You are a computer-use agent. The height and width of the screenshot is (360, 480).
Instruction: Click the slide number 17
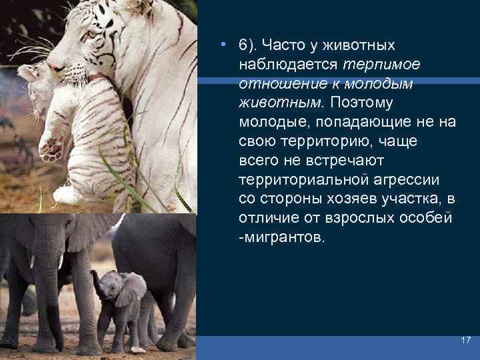pyautogui.click(x=465, y=340)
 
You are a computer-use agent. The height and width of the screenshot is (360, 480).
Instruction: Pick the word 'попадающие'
pyautogui.click(x=347, y=123)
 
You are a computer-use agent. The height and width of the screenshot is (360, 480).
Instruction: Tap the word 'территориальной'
pyautogui.click(x=293, y=181)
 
